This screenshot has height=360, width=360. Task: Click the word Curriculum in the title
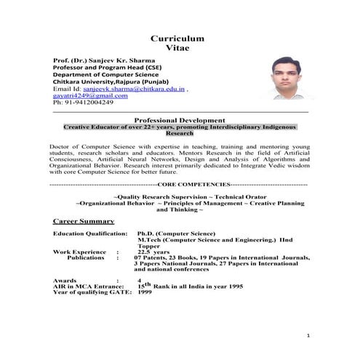(177, 38)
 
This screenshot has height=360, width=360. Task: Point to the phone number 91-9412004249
(89, 103)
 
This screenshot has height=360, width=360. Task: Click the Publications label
(86, 257)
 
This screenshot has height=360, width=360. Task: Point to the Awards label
(66, 280)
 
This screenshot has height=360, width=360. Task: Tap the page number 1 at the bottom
(308, 336)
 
